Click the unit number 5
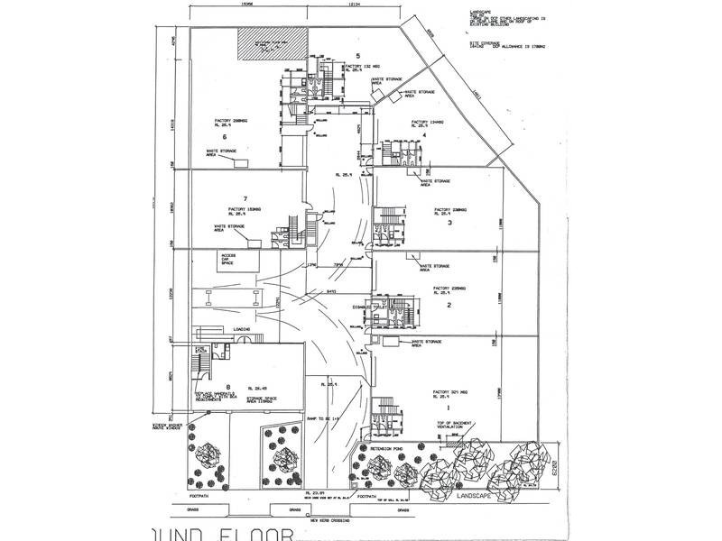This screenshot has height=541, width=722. [357, 56]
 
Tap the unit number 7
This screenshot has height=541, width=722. [244, 197]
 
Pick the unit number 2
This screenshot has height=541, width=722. [448, 305]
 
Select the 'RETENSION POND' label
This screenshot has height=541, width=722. [375, 447]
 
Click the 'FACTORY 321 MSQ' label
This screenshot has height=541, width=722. [449, 392]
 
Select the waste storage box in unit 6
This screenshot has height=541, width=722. [243, 160]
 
